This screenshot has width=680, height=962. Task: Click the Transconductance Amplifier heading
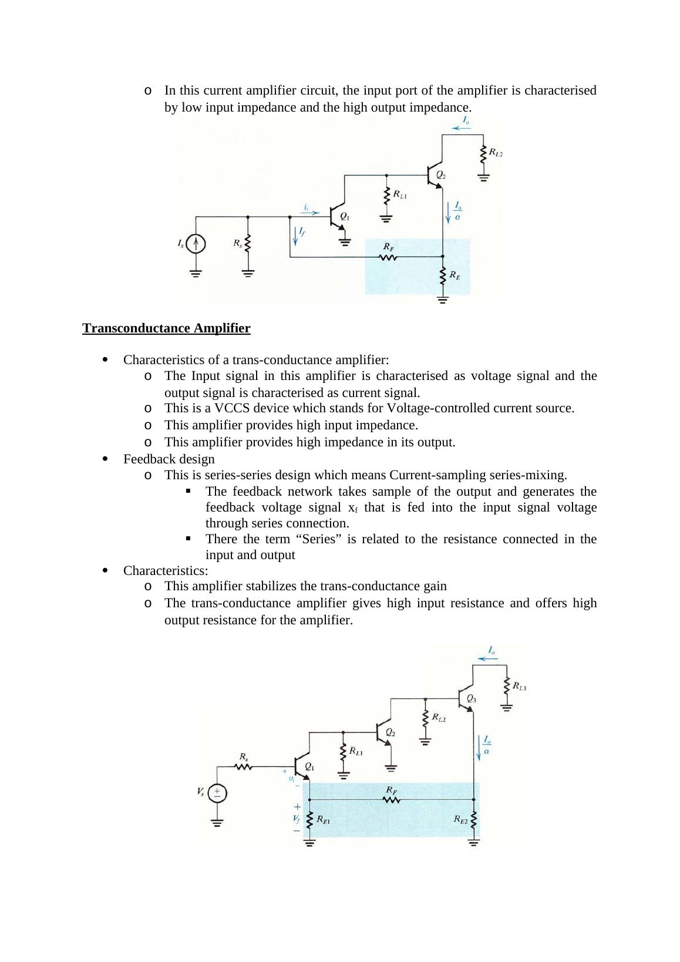coord(166,328)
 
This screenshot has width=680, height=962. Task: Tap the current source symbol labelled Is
coord(196,243)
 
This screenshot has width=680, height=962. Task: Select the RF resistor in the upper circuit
coord(388,257)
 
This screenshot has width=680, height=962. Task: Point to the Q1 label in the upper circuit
coord(345,216)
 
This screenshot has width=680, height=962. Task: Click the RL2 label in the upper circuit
coord(496,153)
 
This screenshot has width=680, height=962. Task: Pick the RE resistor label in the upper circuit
coord(455,274)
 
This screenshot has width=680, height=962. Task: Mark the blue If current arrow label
coord(302,231)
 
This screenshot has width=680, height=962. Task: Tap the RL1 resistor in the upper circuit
coord(386,196)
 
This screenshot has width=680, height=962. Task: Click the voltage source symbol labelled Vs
coord(217,793)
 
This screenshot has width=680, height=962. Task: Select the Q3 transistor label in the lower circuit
coord(472,699)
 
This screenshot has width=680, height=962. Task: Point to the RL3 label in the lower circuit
coord(519,685)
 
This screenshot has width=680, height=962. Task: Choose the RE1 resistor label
coord(323,819)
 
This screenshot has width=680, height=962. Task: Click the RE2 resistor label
coord(460,819)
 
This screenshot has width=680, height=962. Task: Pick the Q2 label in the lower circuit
coord(390,733)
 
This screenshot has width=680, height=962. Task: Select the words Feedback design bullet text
coord(169,459)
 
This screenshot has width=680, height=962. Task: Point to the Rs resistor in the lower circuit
coord(243,766)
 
